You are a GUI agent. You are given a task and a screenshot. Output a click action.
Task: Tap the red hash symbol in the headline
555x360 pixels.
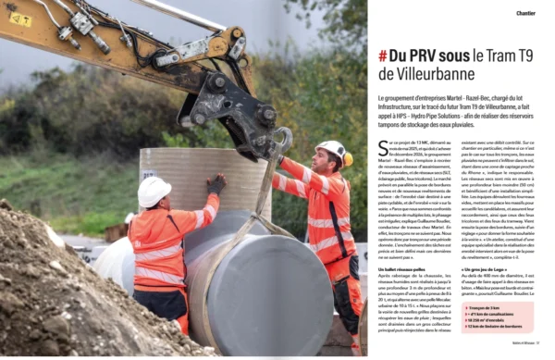[382, 56]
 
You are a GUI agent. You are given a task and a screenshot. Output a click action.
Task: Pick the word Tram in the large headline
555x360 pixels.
[498, 56]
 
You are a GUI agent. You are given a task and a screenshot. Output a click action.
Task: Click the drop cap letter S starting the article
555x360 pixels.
[382, 145]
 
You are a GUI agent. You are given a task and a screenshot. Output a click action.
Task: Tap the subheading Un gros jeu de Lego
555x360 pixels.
[487, 269]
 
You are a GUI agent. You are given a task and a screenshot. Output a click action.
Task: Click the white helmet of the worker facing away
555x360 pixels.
[154, 191]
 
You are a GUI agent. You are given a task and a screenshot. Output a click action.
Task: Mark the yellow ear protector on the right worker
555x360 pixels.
[347, 159]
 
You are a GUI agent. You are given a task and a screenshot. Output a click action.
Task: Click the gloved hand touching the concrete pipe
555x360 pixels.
[216, 184]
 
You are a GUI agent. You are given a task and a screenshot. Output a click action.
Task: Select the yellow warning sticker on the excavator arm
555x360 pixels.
[20, 19]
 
